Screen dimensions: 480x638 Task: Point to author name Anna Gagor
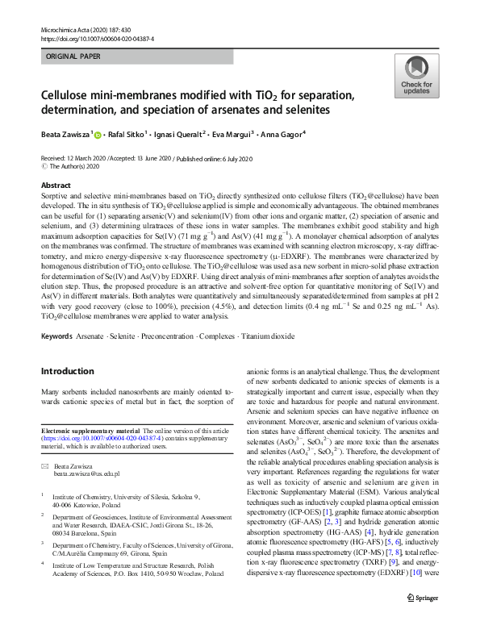click(304, 134)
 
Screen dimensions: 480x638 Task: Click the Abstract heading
click(56, 185)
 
